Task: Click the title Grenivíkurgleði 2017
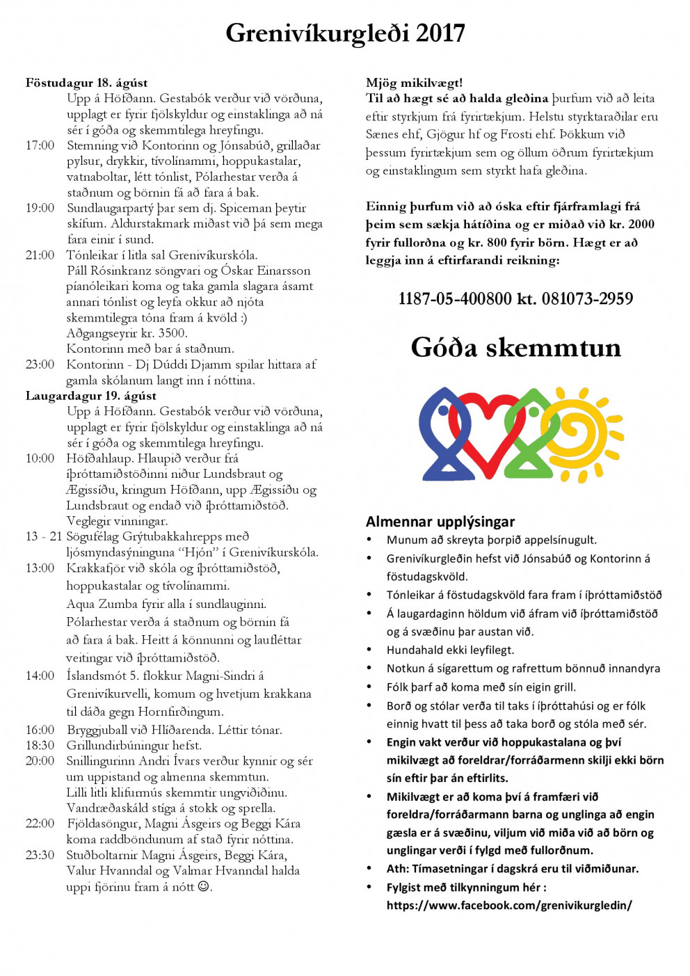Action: coord(345,33)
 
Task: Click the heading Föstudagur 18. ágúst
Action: coord(86,83)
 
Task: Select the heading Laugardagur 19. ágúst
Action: coord(90,396)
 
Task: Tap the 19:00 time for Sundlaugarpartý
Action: coord(40,208)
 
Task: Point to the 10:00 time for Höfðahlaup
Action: coord(40,458)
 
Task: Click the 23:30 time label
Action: coord(40,855)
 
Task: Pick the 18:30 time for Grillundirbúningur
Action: coord(40,745)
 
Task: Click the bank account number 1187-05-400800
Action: coord(454,299)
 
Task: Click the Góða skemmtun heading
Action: coord(515,347)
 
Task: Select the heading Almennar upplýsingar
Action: coord(440,522)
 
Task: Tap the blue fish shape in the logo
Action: coord(440,435)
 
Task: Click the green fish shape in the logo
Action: coord(532,435)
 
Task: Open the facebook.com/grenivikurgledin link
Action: coord(509,905)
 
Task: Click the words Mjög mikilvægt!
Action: coord(414,83)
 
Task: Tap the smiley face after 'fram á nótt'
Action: coord(204,886)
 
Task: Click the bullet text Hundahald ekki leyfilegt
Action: coord(450,650)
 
